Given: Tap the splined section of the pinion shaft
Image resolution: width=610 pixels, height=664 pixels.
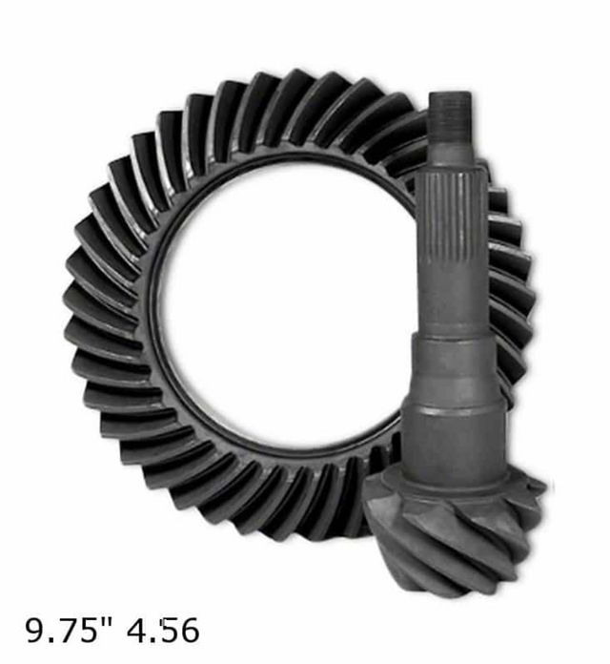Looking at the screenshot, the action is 449,219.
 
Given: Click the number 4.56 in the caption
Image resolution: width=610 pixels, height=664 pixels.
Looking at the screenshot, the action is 163,631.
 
